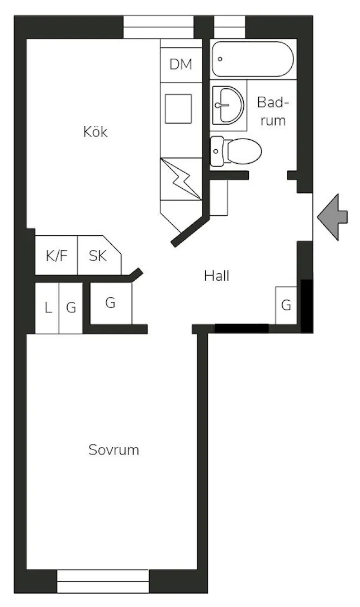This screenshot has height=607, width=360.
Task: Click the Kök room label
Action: (x=95, y=131)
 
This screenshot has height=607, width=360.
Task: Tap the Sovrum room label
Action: (x=113, y=450)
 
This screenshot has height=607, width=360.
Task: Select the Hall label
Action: (x=217, y=276)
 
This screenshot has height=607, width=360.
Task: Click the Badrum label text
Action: (x=273, y=111)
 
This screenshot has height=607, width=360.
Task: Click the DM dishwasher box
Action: (x=181, y=64)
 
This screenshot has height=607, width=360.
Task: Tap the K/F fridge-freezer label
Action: (x=56, y=256)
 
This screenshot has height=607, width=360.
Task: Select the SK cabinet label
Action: (x=98, y=256)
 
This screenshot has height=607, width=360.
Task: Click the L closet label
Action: (x=48, y=308)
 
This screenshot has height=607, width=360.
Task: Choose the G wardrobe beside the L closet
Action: (x=71, y=308)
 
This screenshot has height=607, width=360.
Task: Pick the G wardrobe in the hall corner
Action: (x=286, y=305)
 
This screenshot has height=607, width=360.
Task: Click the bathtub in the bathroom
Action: (x=253, y=59)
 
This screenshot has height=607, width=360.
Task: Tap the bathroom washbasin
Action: (x=229, y=105)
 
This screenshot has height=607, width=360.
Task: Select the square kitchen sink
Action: (x=178, y=108)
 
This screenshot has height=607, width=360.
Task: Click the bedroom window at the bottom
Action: (x=103, y=581)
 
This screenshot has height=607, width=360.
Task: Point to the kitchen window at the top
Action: (x=158, y=27)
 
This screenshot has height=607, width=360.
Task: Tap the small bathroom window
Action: (x=230, y=27)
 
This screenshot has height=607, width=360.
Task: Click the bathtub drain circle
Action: (x=220, y=59)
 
